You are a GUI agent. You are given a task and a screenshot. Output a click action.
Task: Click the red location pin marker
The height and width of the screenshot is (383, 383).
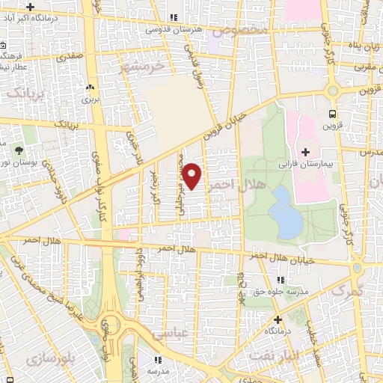(x=192, y=175)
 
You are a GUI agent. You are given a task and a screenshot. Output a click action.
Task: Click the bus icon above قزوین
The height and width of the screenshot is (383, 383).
(x=331, y=114)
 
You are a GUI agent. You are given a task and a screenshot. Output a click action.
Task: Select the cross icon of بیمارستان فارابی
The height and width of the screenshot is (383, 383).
(x=305, y=152)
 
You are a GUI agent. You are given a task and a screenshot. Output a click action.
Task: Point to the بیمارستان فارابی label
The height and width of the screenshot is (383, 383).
(x=305, y=162)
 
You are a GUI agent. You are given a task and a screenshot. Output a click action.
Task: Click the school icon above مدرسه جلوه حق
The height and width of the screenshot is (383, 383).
(x=281, y=281)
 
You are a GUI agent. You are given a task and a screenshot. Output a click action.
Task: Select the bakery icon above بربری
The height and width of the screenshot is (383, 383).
(x=91, y=88)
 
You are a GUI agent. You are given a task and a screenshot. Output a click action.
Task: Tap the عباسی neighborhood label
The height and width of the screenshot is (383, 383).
(x=167, y=337)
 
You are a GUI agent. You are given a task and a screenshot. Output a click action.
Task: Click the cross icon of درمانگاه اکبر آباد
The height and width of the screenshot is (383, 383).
(x=29, y=7)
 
